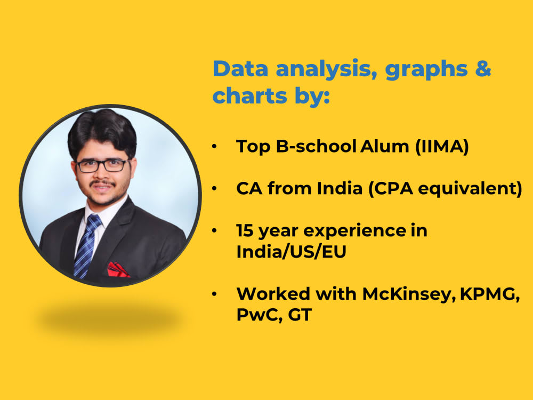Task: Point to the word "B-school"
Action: (x=314, y=146)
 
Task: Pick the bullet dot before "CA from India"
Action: (x=214, y=189)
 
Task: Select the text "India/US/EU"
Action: (x=291, y=252)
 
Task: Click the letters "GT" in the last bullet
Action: (x=300, y=315)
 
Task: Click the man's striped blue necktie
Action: (x=86, y=245)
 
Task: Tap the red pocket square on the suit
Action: (x=118, y=270)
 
